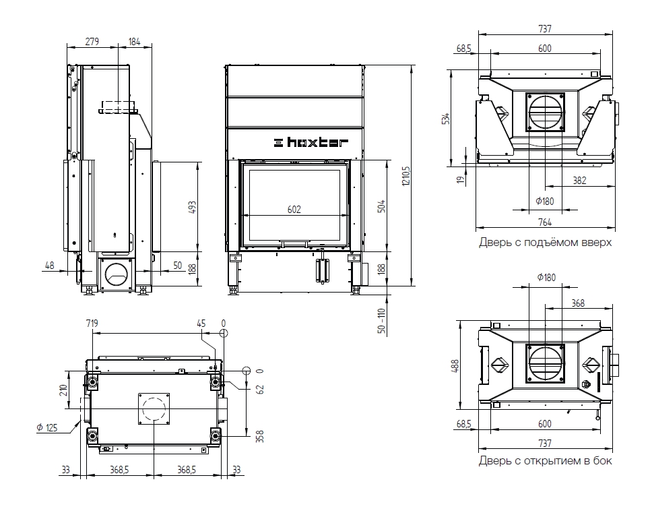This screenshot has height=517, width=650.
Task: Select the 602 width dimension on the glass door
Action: click(294, 210)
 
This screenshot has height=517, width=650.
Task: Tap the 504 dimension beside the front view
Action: click(382, 205)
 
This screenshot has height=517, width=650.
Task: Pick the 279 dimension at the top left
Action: click(92, 42)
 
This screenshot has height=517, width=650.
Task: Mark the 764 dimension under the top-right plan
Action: click(544, 222)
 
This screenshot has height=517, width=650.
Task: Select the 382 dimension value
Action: click(579, 180)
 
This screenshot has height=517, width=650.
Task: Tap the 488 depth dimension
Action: click(455, 366)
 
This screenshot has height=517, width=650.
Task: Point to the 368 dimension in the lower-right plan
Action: click(578, 303)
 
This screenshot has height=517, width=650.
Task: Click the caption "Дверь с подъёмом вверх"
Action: click(545, 242)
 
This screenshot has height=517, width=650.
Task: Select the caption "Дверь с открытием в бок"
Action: click(545, 461)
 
